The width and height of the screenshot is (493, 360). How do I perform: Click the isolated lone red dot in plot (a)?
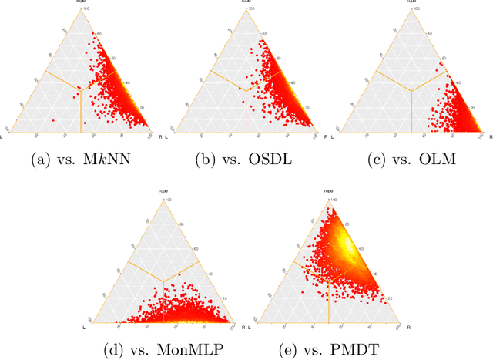pyautogui.click(x=53, y=121)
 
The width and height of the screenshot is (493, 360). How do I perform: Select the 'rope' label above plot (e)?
pyautogui.click(x=328, y=190)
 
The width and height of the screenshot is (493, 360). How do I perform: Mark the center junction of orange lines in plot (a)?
pyautogui.click(x=81, y=89)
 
